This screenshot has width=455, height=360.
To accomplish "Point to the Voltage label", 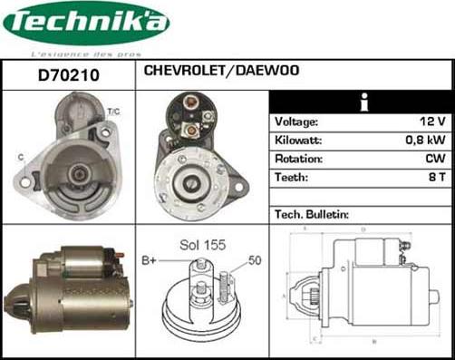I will click(296, 122).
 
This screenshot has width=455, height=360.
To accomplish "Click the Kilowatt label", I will click(297, 141).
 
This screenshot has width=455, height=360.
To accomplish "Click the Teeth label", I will click(291, 178).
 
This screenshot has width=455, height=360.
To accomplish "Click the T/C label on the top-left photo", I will click(113, 111).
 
